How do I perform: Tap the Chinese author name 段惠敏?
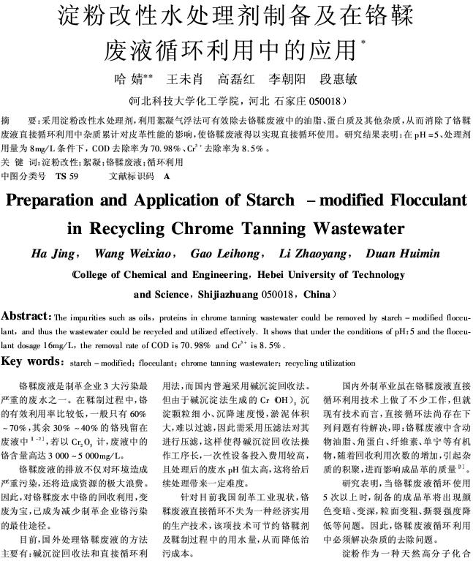[x=338, y=78]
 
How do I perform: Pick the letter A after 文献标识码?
[x=167, y=177]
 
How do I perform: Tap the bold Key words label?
[x=32, y=361]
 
